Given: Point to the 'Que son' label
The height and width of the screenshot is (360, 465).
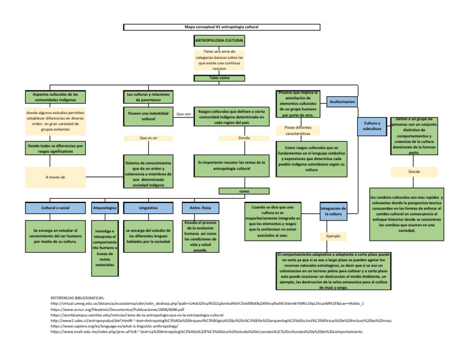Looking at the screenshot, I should pos(183,113).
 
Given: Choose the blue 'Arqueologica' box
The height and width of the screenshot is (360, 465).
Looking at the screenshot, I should pos(105,208).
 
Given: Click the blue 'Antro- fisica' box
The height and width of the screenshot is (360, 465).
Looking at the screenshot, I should pos(197,208).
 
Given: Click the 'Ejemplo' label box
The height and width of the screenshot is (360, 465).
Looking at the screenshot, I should pos(333,235).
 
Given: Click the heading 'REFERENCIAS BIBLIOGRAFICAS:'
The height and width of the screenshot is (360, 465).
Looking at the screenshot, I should pos(77,299).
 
